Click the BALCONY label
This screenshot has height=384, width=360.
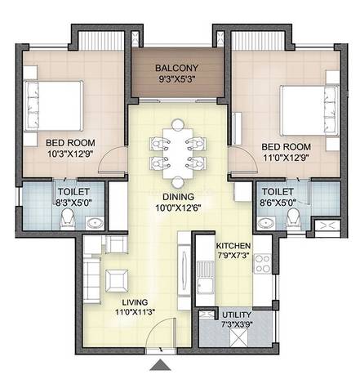(177, 68)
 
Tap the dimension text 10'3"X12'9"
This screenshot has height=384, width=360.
(70, 154)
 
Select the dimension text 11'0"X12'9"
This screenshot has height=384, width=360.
(287, 157)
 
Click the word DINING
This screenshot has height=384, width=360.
(178, 196)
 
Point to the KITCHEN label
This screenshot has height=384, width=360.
(233, 246)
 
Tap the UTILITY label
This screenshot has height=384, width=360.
(237, 315)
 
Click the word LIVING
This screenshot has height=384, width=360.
(135, 302)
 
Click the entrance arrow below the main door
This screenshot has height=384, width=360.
(160, 365)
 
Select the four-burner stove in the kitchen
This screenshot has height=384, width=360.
(263, 263)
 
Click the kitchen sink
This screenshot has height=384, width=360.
(205, 278)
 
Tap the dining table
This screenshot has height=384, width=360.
(178, 154)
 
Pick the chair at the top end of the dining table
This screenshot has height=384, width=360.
(178, 124)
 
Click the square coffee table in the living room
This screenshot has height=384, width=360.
(117, 281)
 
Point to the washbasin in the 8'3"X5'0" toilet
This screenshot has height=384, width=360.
(95, 223)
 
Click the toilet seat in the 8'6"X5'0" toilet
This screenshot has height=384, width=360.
(294, 218)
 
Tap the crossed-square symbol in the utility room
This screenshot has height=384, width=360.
(238, 337)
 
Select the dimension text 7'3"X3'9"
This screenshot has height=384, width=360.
(237, 324)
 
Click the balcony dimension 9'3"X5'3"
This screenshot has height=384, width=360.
(177, 79)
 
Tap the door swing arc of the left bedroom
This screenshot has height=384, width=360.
(112, 158)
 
